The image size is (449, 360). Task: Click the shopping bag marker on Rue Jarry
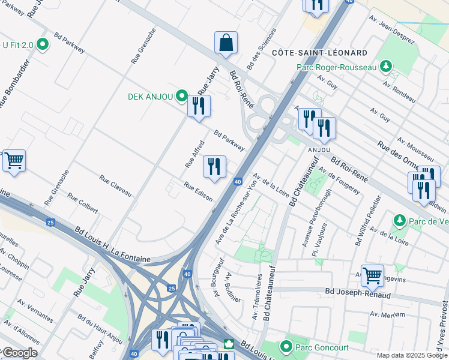226,43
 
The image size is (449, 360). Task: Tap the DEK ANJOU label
151,97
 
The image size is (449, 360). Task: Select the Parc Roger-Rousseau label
336,67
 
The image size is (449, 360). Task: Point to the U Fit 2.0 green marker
42,44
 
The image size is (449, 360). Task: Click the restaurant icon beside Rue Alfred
214,167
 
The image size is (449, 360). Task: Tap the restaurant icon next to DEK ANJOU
199,106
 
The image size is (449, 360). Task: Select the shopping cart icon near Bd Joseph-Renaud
372,275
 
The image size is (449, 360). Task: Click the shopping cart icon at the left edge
14,161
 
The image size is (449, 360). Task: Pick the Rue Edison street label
198,192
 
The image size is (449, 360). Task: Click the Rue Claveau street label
115,185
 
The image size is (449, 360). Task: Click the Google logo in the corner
19,353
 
